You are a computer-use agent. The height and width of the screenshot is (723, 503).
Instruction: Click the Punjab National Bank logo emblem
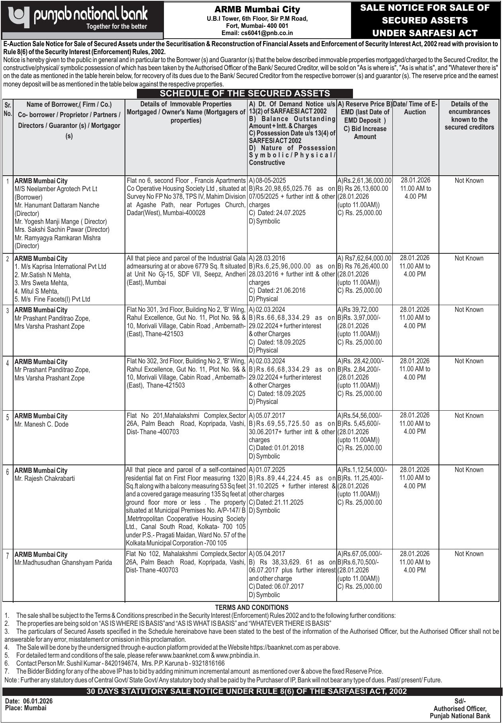pyautogui.click(x=19, y=16)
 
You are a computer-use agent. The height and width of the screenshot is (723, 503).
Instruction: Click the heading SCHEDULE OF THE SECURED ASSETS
pyautogui.click(x=245, y=94)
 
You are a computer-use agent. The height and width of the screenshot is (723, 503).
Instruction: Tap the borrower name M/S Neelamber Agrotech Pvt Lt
pyautogui.click(x=56, y=189)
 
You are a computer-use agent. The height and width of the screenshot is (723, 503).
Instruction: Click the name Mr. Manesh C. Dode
pyautogui.click(x=41, y=424)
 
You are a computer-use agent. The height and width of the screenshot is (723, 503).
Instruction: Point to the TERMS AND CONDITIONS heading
pyautogui.click(x=251, y=607)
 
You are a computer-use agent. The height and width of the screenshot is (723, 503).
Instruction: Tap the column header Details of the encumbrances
pyautogui.click(x=469, y=116)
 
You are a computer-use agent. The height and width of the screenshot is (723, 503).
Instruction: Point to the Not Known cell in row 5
pyautogui.click(x=469, y=415)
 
